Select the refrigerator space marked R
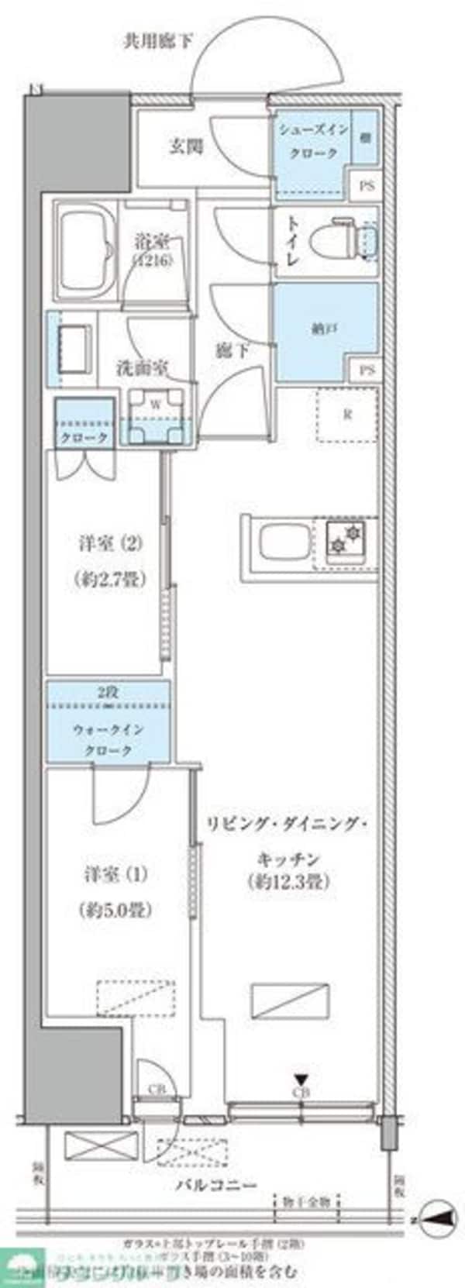click(348, 414)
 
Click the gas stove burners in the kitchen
click(346, 539)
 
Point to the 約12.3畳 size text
click(288, 881)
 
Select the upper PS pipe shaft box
click(366, 186)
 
